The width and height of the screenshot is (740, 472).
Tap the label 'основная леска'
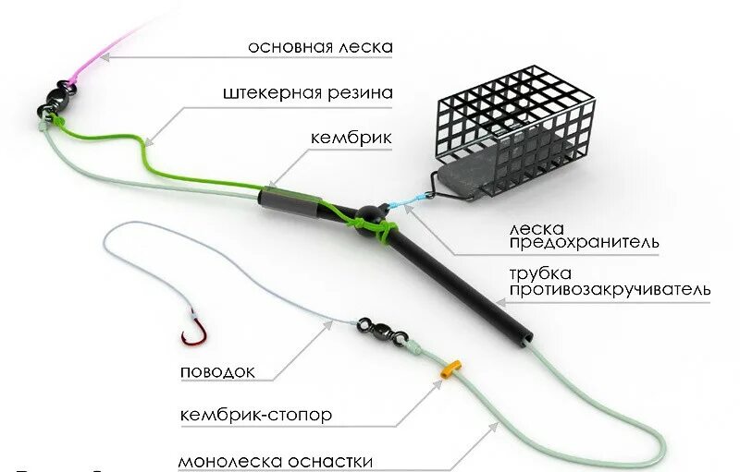coord(321,47)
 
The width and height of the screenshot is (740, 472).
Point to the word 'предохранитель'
coord(585,243)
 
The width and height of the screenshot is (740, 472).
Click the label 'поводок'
coord(217,372)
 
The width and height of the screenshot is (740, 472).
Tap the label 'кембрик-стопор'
coord(256,416)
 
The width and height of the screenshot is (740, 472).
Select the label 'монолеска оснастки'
coord(276,460)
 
